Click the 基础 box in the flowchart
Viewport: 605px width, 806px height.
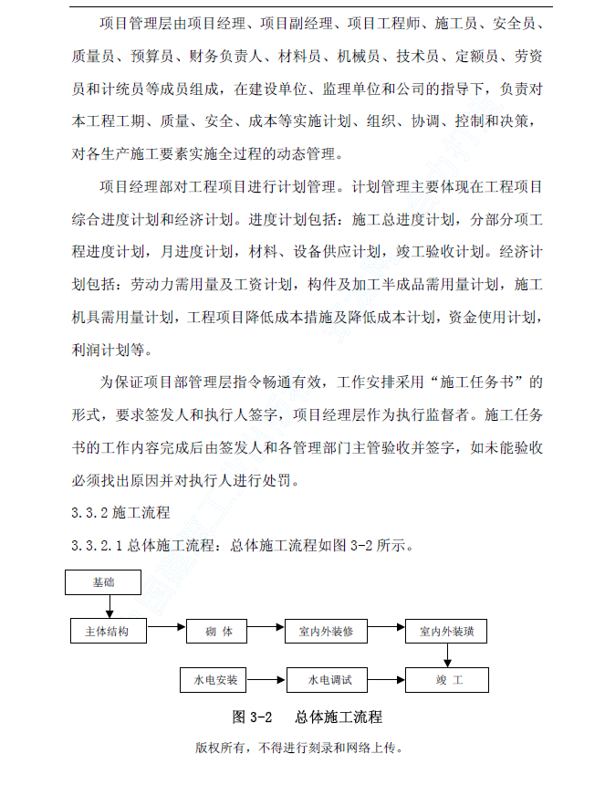point(103,581)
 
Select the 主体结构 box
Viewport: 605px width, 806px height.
point(108,631)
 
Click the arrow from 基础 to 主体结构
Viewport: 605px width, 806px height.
point(109,606)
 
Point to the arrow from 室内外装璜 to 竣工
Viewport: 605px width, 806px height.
point(447,655)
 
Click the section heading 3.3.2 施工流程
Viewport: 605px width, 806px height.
point(120,514)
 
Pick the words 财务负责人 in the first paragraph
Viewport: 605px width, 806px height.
point(226,57)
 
